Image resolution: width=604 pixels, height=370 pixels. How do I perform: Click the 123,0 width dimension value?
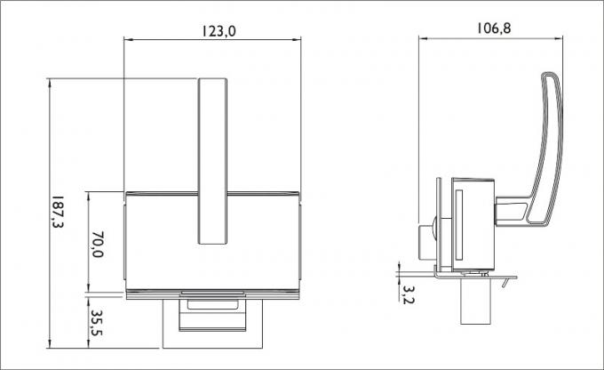click(219, 31)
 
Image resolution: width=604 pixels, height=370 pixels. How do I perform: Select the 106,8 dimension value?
click(494, 28)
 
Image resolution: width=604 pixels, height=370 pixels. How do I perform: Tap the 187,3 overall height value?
click(58, 212)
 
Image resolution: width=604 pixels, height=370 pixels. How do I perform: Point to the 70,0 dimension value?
click(98, 245)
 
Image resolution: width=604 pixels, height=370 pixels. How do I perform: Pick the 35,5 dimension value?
click(97, 323)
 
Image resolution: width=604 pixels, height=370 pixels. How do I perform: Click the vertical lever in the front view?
click(212, 161)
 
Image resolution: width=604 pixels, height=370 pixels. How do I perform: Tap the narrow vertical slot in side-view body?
click(458, 224)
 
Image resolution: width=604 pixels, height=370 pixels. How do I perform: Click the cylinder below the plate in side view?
click(476, 302)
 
